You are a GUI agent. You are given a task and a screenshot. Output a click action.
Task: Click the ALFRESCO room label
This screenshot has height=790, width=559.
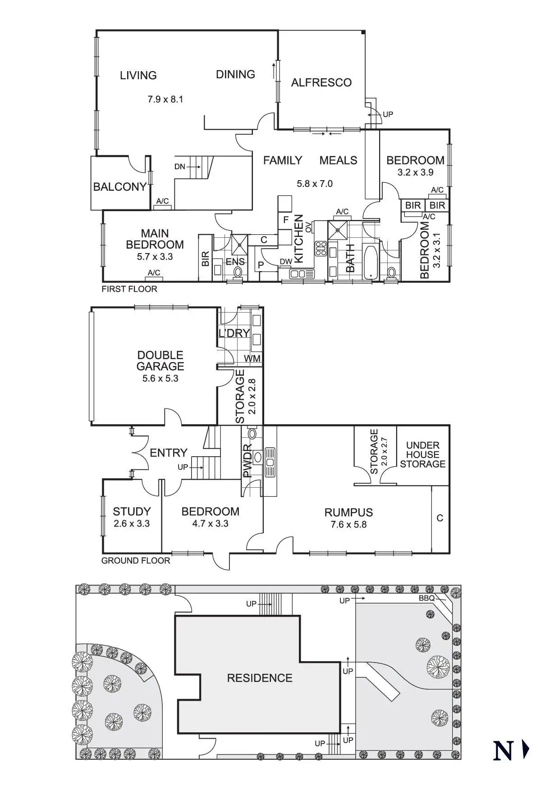point(321,82)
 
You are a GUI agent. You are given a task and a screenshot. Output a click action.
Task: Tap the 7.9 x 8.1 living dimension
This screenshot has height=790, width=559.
point(165,99)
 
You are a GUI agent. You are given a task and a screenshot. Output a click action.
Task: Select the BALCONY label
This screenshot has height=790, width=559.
point(119,186)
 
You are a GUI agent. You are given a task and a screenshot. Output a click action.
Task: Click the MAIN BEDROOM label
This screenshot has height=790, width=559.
point(155,239)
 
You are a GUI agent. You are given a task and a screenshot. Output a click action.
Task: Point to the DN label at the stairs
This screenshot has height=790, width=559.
point(179,167)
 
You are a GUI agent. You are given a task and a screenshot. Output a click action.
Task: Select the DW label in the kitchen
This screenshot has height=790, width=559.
point(286,262)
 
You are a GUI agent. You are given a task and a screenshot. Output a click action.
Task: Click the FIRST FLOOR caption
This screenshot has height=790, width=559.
point(129,289)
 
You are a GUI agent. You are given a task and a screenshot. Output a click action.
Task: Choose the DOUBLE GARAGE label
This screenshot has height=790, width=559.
point(160,361)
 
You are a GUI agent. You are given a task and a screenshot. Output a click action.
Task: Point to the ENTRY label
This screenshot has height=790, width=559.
point(168,453)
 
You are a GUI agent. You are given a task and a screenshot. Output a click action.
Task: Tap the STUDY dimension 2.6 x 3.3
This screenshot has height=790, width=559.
point(131,523)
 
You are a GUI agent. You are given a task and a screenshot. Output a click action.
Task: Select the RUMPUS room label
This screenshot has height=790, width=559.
point(348,513)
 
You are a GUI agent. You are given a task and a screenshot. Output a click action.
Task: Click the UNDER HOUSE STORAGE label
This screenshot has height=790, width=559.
point(422,454)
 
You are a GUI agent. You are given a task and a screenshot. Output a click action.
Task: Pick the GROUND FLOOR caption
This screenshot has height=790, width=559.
point(136,561)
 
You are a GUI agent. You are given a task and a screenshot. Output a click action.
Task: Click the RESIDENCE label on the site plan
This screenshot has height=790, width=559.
point(260,678)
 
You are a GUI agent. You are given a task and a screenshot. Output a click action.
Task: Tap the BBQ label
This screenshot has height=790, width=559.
point(426,598)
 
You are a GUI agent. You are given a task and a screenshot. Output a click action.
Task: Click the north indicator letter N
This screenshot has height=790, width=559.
point(504,750)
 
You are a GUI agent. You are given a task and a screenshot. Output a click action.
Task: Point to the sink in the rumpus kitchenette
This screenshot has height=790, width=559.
point(270,462)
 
